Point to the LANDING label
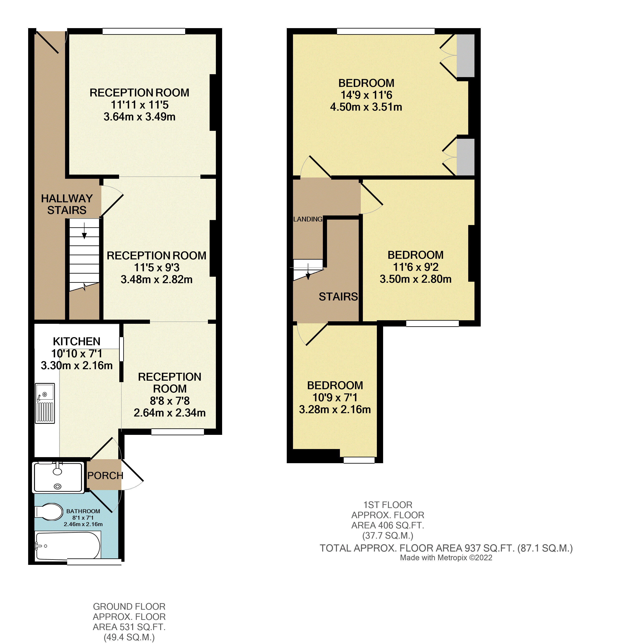pos(308,219)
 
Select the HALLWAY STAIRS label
pos(67,204)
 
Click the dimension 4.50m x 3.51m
pos(366,107)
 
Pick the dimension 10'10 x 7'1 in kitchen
pos(77,353)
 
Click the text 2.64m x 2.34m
pos(170,413)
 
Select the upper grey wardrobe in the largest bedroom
pos(465,56)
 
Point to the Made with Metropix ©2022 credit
pos(446,558)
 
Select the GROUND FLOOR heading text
pos(129,606)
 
